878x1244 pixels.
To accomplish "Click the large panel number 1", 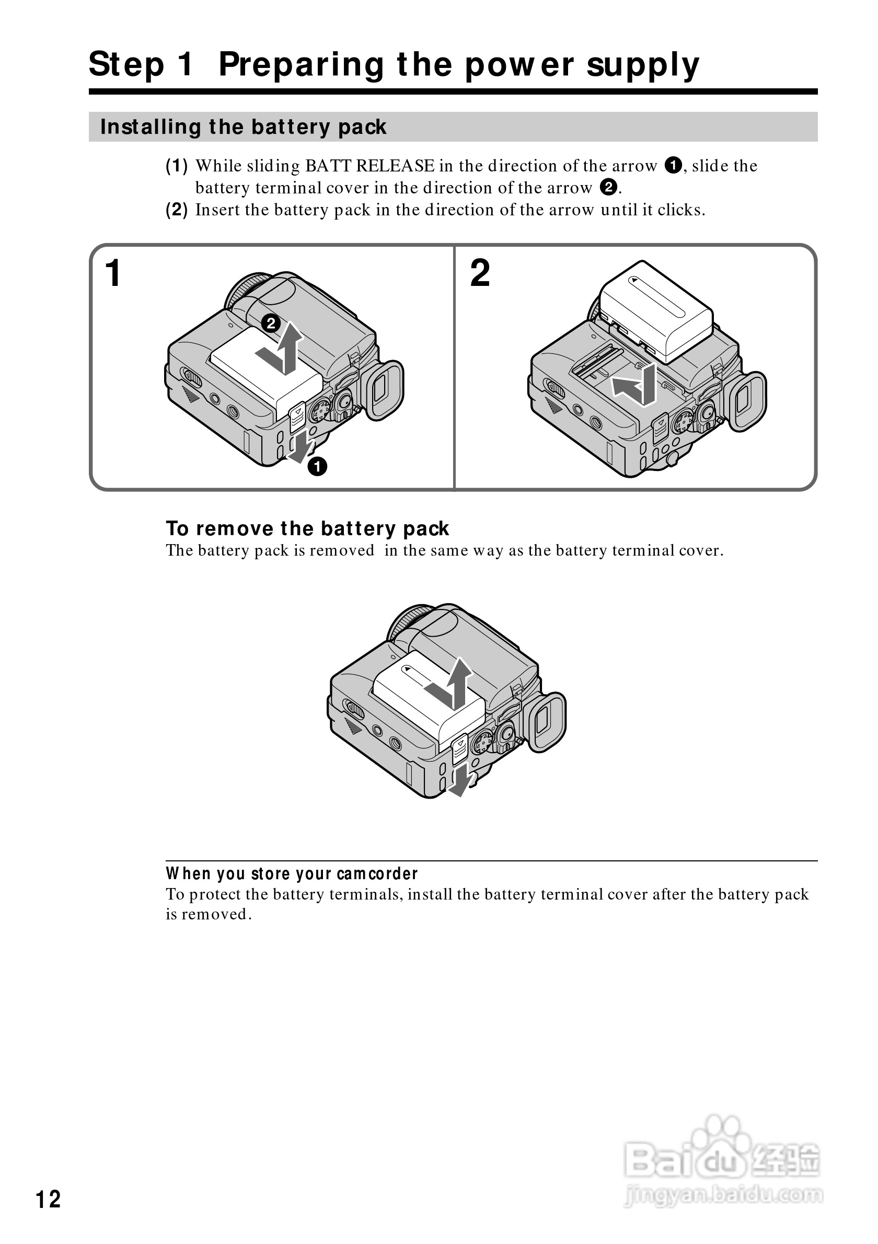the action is click(x=113, y=273).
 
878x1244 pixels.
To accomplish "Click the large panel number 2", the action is click(x=480, y=273).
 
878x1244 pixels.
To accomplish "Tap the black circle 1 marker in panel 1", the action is click(x=317, y=466).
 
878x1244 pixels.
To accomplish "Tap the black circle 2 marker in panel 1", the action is click(x=271, y=324).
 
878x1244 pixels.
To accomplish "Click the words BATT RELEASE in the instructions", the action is click(x=369, y=166).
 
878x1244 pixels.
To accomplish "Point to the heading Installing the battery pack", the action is click(x=243, y=127).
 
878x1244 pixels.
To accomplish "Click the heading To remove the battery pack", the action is click(x=307, y=528).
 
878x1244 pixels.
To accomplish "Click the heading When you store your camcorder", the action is click(x=292, y=873).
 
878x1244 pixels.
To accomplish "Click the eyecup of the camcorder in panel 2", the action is click(x=748, y=401).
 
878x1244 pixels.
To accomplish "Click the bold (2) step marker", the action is click(x=177, y=210).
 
